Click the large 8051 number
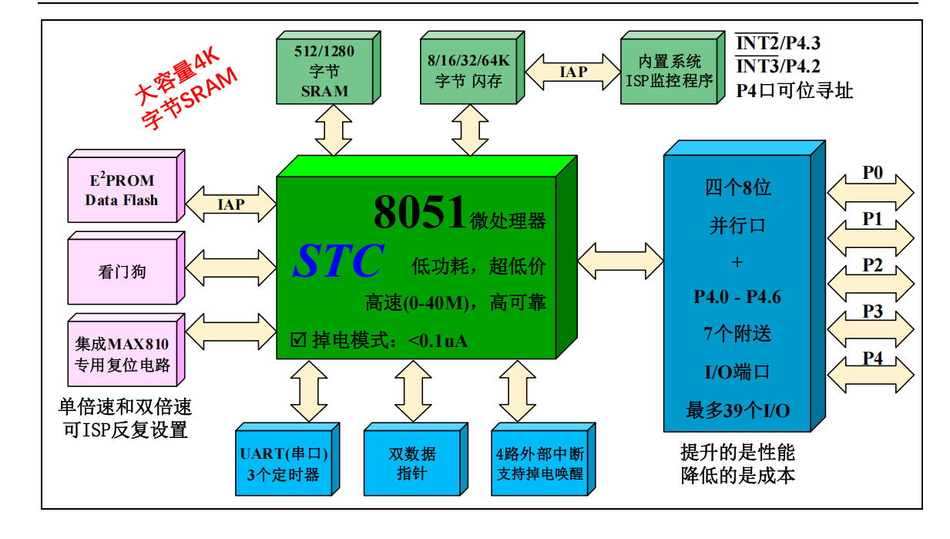coord(420,213)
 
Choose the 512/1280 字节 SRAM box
coord(324,72)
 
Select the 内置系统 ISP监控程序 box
coord(669,72)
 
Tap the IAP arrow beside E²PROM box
coord(230,204)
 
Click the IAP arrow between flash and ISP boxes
coord(573,72)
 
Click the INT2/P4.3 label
coord(778,44)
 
